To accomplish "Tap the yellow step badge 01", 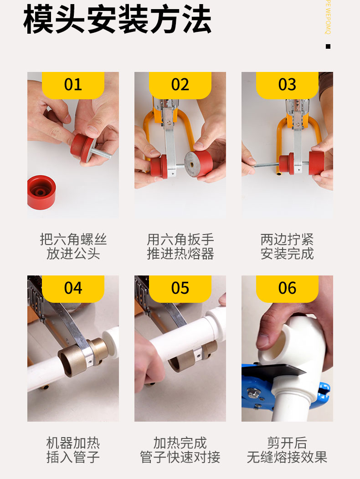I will coord(73,85).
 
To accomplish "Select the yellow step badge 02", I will coord(180,85).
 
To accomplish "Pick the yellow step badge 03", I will coord(287,85).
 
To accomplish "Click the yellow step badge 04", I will coord(73,288).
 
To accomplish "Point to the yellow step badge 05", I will coord(180,288).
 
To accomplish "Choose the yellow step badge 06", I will coord(287,288).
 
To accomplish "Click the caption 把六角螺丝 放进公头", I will coord(73,246).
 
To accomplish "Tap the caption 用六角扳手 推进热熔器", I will coord(180,246).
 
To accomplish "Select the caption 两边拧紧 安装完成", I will coord(287,246).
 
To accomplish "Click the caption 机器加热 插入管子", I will coord(73,450).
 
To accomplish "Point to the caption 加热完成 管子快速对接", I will coord(180,450).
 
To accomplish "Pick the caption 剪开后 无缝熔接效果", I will coord(287,450).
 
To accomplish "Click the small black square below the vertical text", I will coord(328,46).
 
